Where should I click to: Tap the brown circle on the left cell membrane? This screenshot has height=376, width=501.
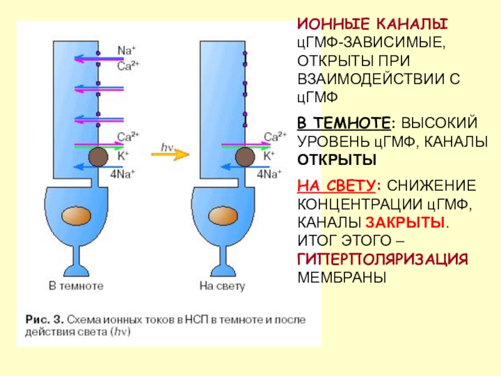coord(97,157)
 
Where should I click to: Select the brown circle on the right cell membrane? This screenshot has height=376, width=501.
coord(245,157)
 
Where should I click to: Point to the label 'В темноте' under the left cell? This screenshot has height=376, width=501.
coord(76,286)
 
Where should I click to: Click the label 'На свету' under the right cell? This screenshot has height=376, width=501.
coord(223,286)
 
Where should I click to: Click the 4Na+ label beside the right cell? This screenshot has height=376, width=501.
coord(270,174)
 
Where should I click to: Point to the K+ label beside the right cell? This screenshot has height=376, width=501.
coord(269,155)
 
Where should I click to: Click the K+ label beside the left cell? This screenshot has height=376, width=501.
coord(122,155)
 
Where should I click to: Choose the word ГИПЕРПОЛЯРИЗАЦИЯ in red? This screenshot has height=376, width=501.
coord(383,259)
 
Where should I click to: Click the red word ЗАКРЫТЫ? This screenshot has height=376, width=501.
coord(406,222)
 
